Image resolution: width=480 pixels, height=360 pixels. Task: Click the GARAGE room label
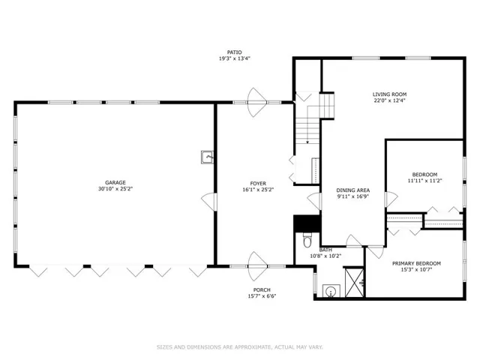click(x=115, y=183)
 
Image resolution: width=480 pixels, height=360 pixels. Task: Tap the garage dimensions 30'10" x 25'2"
click(x=115, y=189)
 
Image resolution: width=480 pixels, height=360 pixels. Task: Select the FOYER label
click(x=258, y=183)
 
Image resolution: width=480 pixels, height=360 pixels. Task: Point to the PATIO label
click(x=235, y=52)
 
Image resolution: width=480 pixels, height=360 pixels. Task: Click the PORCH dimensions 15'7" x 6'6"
click(x=262, y=296)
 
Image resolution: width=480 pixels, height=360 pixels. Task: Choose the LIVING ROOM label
click(x=389, y=94)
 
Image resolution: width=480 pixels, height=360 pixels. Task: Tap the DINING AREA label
click(x=353, y=190)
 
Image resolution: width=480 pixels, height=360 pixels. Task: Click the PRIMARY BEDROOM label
click(x=416, y=263)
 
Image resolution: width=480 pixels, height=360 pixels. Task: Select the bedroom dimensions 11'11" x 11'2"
click(x=424, y=181)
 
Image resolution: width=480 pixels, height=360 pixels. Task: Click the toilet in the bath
click(x=307, y=240)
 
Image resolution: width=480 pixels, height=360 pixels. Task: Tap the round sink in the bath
click(x=331, y=291)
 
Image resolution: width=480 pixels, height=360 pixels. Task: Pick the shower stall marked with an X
click(x=354, y=283)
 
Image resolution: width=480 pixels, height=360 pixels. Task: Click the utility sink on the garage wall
click(x=207, y=157)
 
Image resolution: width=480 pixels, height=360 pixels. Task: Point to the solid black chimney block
click(x=307, y=223)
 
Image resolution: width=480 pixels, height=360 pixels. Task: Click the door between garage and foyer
click(x=209, y=202)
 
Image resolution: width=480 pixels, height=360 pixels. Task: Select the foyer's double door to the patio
click(x=257, y=102)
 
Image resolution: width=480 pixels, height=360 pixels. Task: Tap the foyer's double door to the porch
click(x=257, y=266)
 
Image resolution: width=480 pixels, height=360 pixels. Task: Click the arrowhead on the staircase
click(x=307, y=142)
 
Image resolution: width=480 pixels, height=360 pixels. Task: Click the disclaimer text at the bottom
click(x=240, y=347)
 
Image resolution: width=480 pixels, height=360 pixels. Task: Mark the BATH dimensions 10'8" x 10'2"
click(x=325, y=256)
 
